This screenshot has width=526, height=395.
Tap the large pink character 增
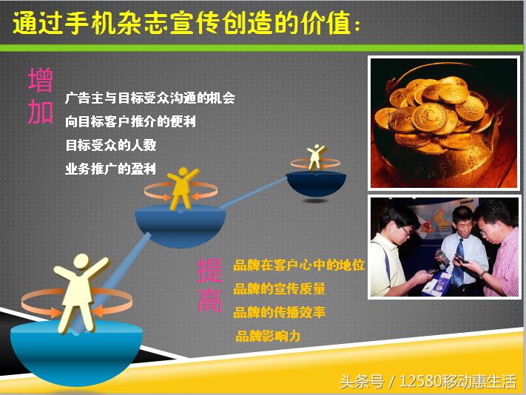click(x=41, y=80)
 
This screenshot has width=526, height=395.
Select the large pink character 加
click(x=41, y=112)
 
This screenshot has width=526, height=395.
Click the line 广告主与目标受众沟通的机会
click(x=150, y=98)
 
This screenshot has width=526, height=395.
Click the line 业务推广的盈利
click(x=110, y=169)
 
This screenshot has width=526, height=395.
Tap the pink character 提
click(x=209, y=270)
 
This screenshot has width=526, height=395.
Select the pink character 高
click(x=209, y=300)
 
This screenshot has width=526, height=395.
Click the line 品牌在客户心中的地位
click(x=299, y=265)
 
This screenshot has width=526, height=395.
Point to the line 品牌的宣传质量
click(x=279, y=288)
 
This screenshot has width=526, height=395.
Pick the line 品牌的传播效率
click(x=279, y=312)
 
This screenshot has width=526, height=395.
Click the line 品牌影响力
click(x=268, y=337)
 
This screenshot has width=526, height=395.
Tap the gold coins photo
click(x=442, y=122)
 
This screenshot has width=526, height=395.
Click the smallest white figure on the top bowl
click(x=316, y=157)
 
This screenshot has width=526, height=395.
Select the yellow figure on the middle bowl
click(x=181, y=188)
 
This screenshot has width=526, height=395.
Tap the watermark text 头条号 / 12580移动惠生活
click(x=428, y=381)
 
